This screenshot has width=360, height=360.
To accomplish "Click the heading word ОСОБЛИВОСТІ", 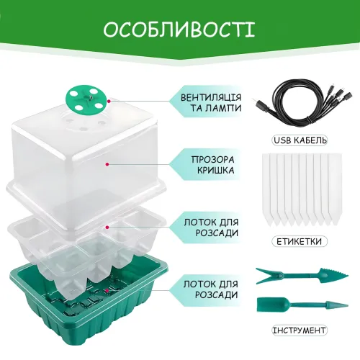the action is (179, 30).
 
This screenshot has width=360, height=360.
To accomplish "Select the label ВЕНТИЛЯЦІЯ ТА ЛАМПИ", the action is (211, 103).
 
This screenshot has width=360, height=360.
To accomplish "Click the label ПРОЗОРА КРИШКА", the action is (212, 165).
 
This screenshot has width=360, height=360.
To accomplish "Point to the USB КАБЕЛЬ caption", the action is (300, 140).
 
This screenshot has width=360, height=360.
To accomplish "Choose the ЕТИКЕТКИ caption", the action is (300, 241).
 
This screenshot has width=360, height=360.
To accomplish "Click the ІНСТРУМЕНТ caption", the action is (300, 330).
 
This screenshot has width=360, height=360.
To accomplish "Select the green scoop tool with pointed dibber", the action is (302, 305).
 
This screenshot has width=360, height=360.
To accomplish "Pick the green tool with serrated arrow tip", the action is (302, 275).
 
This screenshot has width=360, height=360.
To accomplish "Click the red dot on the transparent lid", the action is (107, 164).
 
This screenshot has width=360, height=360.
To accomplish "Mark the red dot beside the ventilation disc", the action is (109, 102).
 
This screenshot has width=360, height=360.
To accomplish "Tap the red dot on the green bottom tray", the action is (108, 291).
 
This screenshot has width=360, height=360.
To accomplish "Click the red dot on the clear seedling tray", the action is (108, 227).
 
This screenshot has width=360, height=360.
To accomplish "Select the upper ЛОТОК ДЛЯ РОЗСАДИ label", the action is (211, 228).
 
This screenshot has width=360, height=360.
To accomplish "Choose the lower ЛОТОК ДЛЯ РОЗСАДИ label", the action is (211, 289).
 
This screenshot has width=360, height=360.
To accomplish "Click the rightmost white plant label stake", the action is (335, 189).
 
